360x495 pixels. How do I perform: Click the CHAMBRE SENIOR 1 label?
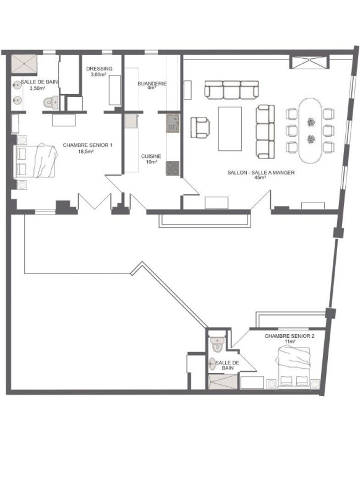coord(88,145)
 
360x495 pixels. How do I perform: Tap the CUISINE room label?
coord(151,157)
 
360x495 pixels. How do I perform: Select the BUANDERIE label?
coord(152,84)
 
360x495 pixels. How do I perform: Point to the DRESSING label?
coord(99,69)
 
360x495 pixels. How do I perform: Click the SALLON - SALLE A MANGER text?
coord(261,173)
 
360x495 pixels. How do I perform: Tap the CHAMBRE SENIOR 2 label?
coord(289,336)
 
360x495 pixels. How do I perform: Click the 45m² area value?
coord(261,178)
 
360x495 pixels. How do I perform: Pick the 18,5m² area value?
coord(87,152)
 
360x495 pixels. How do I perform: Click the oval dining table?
coord(311,131)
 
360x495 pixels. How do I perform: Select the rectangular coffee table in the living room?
coord(230,129)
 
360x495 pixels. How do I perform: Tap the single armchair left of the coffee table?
coord(200,127)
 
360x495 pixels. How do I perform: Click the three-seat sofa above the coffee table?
coord(231,90)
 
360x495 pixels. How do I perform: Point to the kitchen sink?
coord(173,123)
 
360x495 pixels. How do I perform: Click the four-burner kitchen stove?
coord(173,168)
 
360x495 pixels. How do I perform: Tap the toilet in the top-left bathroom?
coord(51,102)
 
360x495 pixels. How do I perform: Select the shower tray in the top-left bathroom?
coord(24,65)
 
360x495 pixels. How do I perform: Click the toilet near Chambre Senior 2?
coord(217,345)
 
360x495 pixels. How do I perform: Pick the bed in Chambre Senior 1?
coord(35,161)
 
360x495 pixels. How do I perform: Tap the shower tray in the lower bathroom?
coord(223,382)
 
